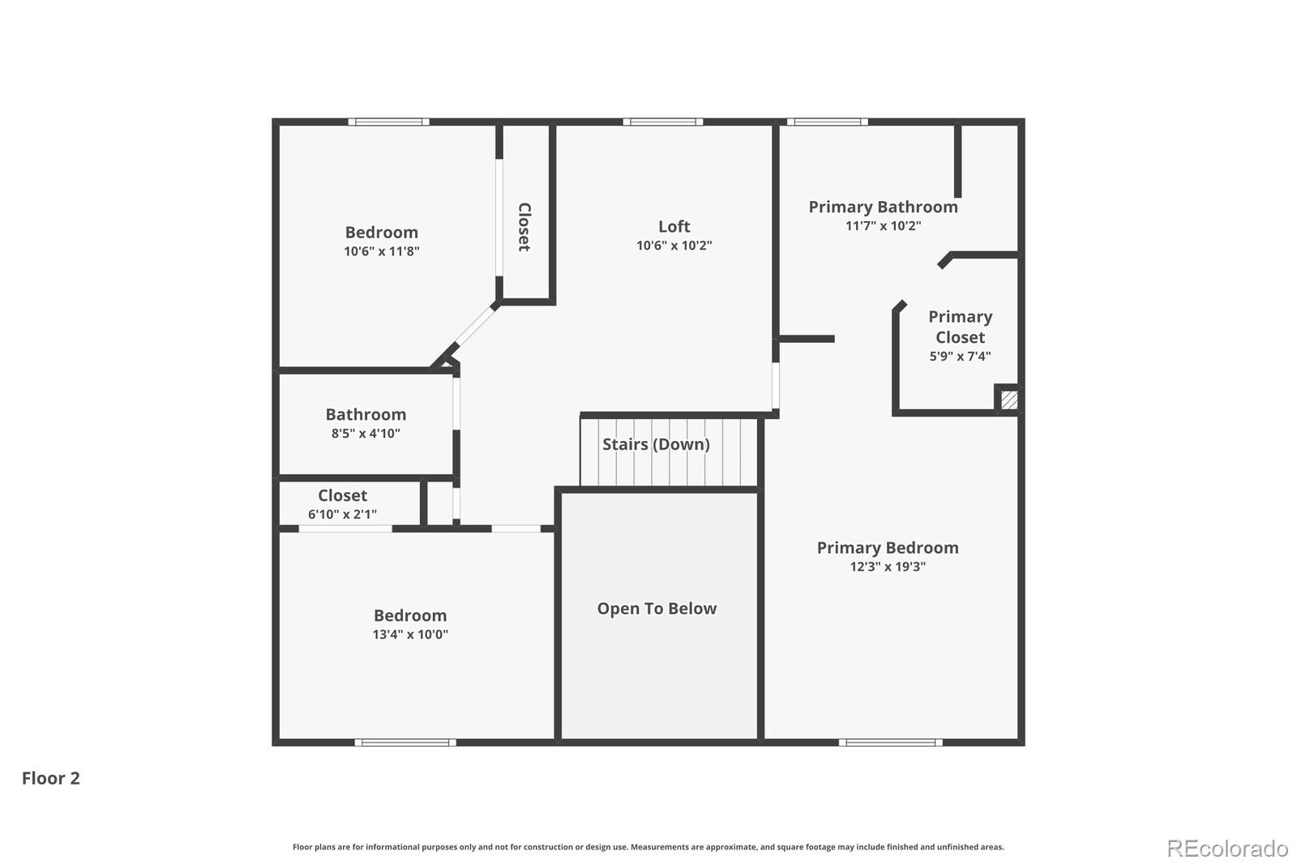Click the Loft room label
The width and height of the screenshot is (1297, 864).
click(674, 227)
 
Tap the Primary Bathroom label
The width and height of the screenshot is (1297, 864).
click(883, 207)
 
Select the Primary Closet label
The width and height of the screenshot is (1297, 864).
click(960, 327)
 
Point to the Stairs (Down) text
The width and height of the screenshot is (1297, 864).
click(656, 444)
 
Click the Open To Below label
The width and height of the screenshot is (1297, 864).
click(657, 609)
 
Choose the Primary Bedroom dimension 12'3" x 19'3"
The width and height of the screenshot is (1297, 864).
click(888, 567)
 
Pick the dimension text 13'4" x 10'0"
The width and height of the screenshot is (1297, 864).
click(410, 635)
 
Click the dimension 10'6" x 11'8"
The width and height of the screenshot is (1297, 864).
click(381, 251)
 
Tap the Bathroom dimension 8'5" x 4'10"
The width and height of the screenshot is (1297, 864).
click(366, 434)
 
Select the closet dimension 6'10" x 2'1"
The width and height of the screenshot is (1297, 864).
click(342, 514)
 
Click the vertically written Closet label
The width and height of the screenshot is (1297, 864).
click(524, 227)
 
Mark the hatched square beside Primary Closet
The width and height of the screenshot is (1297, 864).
click(1008, 400)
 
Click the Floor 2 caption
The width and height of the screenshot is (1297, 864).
click(51, 778)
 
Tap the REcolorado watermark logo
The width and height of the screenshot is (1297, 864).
click(1226, 849)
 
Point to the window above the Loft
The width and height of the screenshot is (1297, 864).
click(663, 122)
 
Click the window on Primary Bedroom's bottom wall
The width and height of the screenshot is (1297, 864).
click(890, 742)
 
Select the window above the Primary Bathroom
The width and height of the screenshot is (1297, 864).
click(827, 122)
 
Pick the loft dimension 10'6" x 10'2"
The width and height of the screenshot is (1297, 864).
click(674, 246)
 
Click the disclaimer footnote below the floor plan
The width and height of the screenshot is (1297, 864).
click(648, 847)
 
